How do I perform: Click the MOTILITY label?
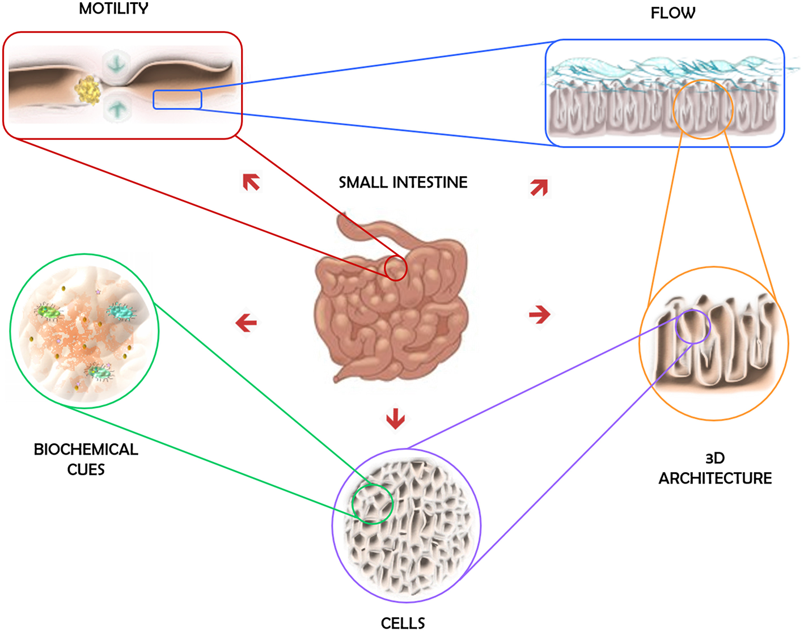pos(113,9)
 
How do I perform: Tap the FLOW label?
pos(672,13)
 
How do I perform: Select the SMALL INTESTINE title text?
pos(403,183)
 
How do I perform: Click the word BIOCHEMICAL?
pos(86,449)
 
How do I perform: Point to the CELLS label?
pos(403,623)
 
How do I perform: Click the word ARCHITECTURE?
pos(714,478)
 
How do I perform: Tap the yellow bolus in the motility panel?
pos(88,91)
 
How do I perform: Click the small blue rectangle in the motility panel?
pos(177,99)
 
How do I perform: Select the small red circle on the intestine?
pos(396,268)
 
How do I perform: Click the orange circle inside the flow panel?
pos(703,109)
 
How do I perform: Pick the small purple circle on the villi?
pos(692,326)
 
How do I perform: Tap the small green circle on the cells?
pos(372,503)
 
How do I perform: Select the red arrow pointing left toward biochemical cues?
pos(246,323)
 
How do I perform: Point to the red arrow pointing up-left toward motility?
pos(251,182)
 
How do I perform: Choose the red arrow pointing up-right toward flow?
pos(539,187)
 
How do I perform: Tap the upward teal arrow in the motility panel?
pos(117,108)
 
